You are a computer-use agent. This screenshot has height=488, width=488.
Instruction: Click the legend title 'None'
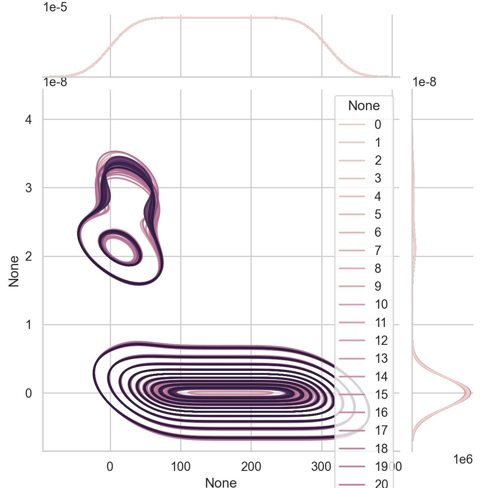tap(364, 106)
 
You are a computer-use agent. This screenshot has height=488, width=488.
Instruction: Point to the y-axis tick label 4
tap(28, 120)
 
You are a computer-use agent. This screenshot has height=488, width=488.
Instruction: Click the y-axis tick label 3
tap(28, 188)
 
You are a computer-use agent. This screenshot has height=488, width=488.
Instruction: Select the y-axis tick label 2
tap(28, 257)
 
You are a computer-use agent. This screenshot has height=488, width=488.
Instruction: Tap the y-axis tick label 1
tap(28, 325)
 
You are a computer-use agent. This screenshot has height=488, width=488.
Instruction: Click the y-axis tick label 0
tap(28, 393)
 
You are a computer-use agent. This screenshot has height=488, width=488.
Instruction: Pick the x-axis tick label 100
tap(181, 466)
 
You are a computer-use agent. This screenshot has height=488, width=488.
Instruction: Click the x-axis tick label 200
tap(251, 466)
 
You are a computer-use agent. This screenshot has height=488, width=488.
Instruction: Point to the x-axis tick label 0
tap(110, 466)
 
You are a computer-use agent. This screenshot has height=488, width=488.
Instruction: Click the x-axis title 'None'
tap(221, 482)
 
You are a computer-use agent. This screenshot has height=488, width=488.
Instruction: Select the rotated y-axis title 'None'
tap(14, 271)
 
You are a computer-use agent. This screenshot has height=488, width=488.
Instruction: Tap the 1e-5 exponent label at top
tap(55, 7)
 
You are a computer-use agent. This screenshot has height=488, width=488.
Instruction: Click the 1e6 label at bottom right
tap(463, 460)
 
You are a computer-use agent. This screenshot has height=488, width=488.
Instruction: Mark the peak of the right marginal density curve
tap(470, 393)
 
